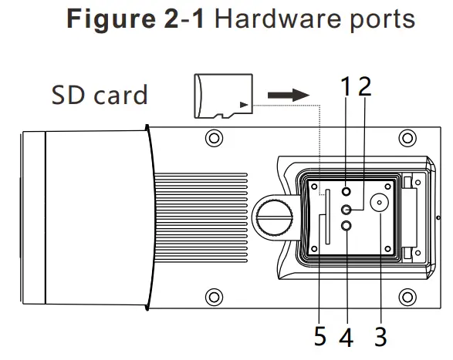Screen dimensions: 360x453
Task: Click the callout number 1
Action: [347, 86]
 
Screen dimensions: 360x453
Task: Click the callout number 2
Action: [365, 85]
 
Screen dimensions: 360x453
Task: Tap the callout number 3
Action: [380, 338]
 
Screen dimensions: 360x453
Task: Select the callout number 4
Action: [347, 338]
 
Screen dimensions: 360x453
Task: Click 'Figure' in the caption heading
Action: [107, 20]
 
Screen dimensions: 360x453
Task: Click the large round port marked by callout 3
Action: [380, 204]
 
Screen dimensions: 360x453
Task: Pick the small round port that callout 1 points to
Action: [347, 192]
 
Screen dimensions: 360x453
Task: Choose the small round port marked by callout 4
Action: [347, 225]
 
